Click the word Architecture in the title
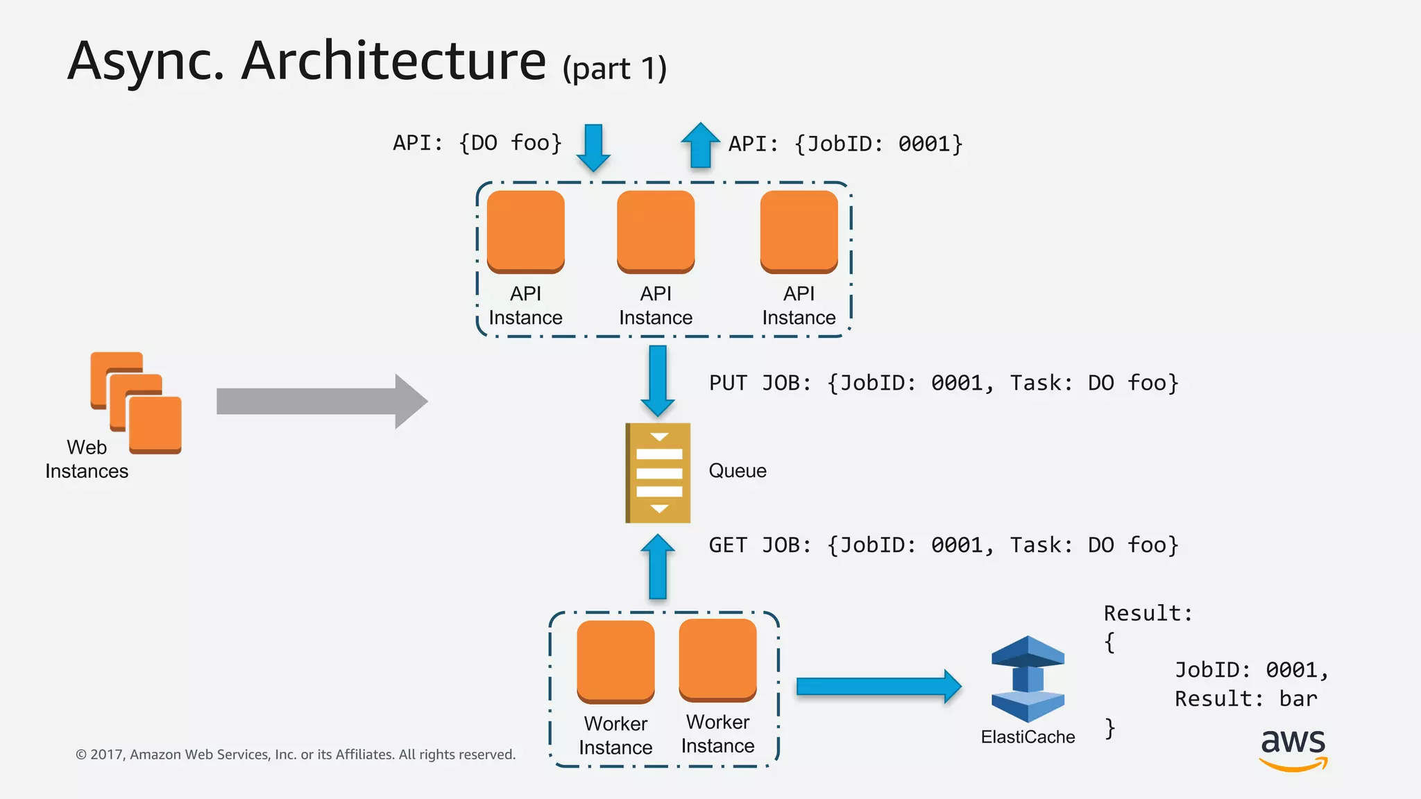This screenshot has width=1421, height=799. tap(393, 61)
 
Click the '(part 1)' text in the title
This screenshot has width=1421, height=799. tap(614, 69)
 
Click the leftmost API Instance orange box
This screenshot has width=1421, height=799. tap(525, 231)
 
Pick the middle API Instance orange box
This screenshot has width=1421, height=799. tap(655, 231)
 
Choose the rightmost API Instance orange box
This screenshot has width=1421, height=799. tap(799, 231)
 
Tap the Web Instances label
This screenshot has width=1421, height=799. tap(87, 459)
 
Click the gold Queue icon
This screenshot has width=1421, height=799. tap(658, 472)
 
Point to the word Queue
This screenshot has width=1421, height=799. tap(737, 471)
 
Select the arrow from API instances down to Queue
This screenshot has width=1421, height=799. tap(657, 380)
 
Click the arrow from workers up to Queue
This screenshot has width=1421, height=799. tap(657, 567)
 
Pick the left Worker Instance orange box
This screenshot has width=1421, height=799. tap(615, 661)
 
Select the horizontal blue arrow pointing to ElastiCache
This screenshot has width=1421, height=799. tap(878, 687)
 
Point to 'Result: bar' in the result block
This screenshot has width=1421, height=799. tap(1245, 698)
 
